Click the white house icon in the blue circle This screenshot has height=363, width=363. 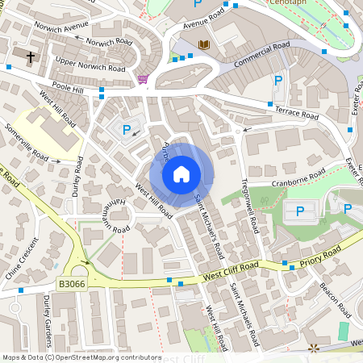[181, 174]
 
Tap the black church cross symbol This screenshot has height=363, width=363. [31, 57]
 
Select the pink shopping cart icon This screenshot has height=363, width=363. [143, 79]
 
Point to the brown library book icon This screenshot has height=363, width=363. [203, 44]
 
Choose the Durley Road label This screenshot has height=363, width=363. [78, 176]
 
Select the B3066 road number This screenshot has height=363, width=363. [72, 284]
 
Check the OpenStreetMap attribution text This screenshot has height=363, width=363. [81, 357]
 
